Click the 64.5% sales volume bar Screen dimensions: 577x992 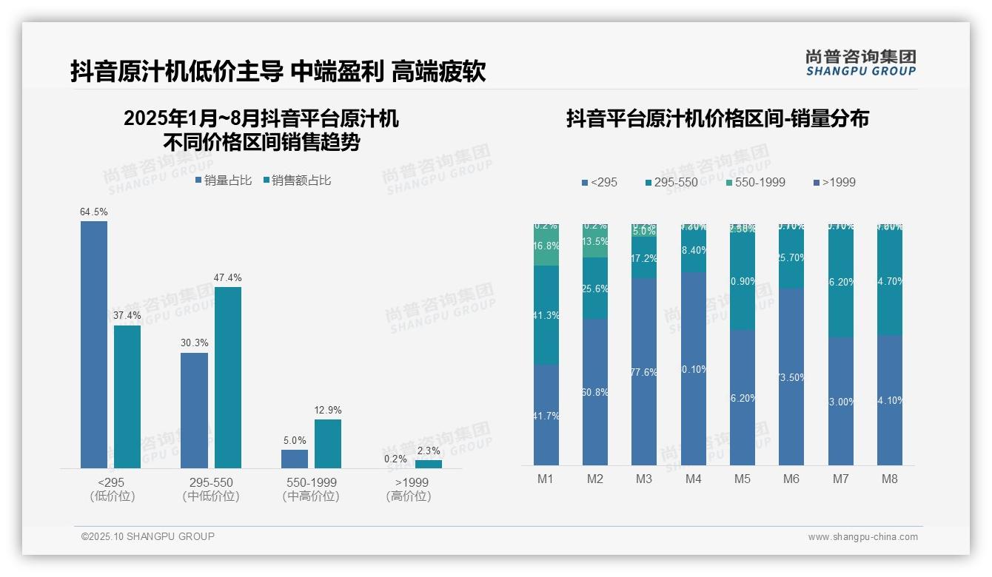pyautogui.click(x=94, y=344)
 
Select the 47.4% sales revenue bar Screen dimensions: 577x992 pyautogui.click(x=228, y=377)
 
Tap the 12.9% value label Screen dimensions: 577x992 pyautogui.click(x=328, y=411)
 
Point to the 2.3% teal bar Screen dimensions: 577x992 pyautogui.click(x=428, y=464)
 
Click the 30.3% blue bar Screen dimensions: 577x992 pyautogui.click(x=194, y=410)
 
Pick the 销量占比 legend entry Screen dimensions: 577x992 pyautogui.click(x=224, y=180)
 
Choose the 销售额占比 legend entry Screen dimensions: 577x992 pyautogui.click(x=297, y=180)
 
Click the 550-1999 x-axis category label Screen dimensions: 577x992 pyautogui.click(x=311, y=482)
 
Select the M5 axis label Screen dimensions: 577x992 pyautogui.click(x=742, y=479)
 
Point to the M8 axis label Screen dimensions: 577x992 pyautogui.click(x=889, y=479)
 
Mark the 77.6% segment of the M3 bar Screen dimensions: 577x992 pyautogui.click(x=644, y=371)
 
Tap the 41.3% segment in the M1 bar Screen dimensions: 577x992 pyautogui.click(x=546, y=315)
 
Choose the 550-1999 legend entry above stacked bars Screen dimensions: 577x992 pyautogui.click(x=754, y=182)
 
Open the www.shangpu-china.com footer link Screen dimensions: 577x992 pyautogui.click(x=862, y=537)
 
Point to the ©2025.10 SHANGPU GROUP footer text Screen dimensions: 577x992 pyautogui.click(x=148, y=536)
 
